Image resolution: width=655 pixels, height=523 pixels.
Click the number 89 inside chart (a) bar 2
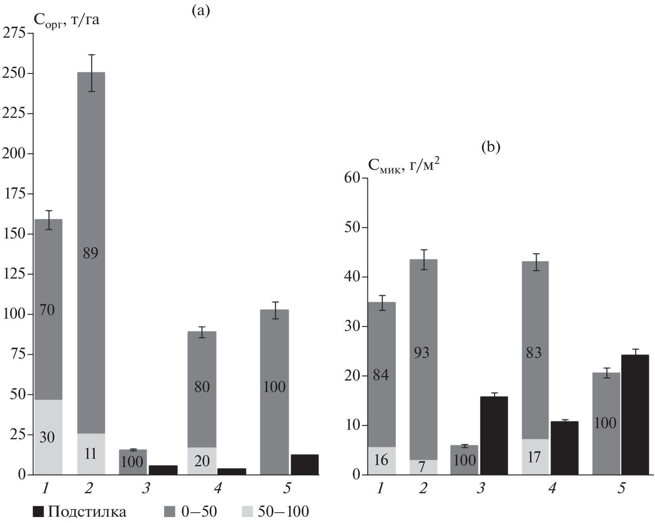pyautogui.click(x=90, y=253)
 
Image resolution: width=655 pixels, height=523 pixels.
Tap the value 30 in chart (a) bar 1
pyautogui.click(x=47, y=437)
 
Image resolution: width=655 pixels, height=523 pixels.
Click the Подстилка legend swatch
pyautogui.click(x=38, y=512)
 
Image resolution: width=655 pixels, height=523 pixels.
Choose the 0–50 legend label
pyautogui.click(x=199, y=512)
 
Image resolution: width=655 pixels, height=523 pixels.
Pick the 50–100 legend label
pyautogui.click(x=283, y=512)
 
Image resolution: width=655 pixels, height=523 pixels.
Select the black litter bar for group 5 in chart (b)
pyautogui.click(x=635, y=415)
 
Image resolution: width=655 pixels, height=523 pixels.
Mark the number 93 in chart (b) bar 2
pyautogui.click(x=421, y=352)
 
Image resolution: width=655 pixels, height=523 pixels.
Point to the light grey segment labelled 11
pyautogui.click(x=91, y=454)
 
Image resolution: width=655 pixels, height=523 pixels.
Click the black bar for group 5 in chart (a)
pyautogui.click(x=304, y=464)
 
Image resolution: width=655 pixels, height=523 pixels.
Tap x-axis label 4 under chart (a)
pyautogui.click(x=217, y=488)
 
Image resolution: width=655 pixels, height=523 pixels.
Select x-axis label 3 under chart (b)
pyautogui.click(x=481, y=488)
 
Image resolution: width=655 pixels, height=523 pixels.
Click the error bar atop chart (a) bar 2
pyautogui.click(x=91, y=73)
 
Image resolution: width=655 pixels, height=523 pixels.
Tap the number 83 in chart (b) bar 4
pyautogui.click(x=533, y=352)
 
